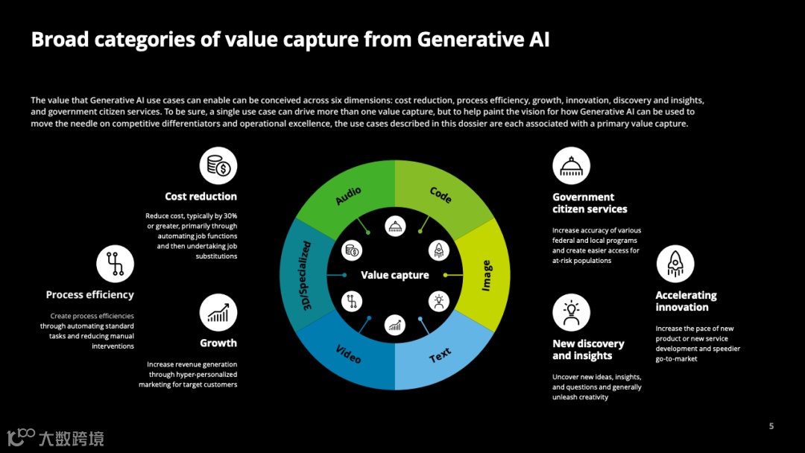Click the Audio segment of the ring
pos(348,195)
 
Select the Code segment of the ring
pos(441,195)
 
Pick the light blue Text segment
pos(440,355)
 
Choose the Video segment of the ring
pos(348,355)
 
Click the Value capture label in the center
pos(395,275)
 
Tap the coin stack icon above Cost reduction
pos(218,165)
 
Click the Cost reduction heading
pos(201,197)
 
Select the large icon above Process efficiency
pos(115,264)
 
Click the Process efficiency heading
pos(89,295)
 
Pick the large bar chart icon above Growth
pos(218,312)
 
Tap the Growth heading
pos(218,343)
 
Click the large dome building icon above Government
pos(571,165)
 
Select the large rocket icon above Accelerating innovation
pos(675,264)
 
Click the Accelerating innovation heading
pos(686,301)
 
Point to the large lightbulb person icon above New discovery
pos(571,312)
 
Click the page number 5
pos(771,426)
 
